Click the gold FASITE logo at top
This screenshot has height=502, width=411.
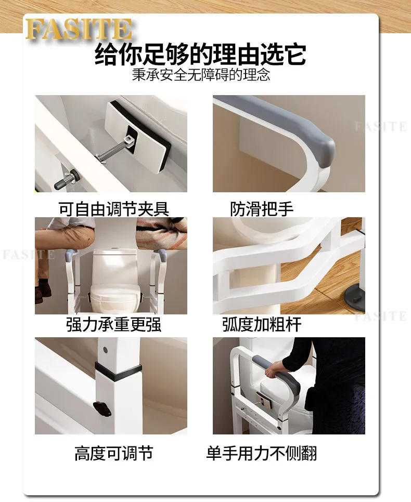(78, 29)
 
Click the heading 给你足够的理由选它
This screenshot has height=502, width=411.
(200, 55)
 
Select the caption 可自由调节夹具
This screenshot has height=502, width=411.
(113, 209)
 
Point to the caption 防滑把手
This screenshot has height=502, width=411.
(262, 209)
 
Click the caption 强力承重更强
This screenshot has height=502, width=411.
(113, 325)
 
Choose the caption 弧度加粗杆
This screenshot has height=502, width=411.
(262, 325)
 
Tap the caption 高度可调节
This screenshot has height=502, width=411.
(113, 453)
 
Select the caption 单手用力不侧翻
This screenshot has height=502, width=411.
(261, 453)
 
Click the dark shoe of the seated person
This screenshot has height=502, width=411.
(40, 295)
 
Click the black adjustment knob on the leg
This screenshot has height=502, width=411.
(102, 407)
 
